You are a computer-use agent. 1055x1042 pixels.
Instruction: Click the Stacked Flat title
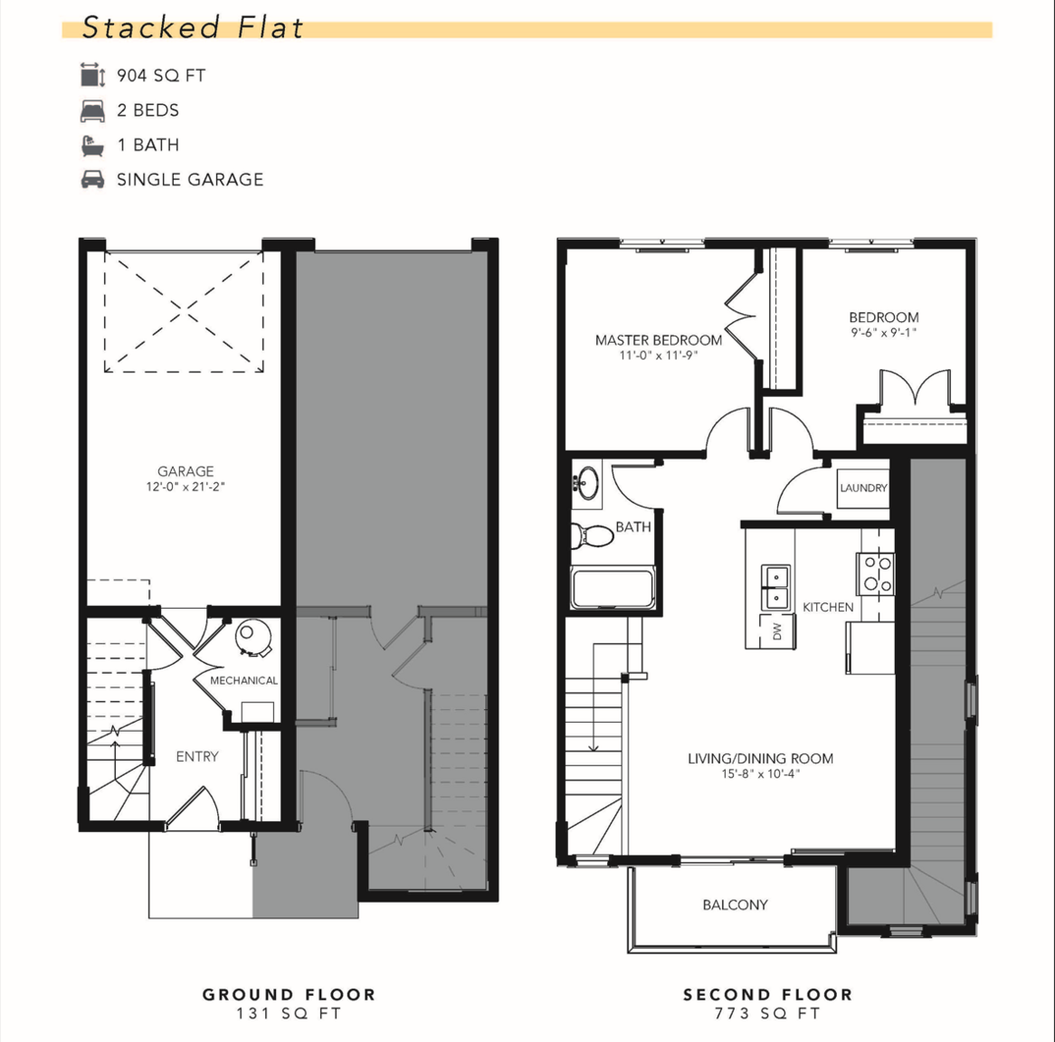(193, 27)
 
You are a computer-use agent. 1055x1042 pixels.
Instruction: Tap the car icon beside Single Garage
(92, 180)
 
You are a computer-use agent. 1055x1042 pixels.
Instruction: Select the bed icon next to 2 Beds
(92, 110)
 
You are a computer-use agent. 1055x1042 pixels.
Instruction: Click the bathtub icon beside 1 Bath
(92, 146)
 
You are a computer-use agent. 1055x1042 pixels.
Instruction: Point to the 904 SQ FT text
(161, 75)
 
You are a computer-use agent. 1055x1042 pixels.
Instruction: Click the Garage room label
(185, 471)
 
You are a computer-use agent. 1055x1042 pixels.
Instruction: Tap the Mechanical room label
(243, 681)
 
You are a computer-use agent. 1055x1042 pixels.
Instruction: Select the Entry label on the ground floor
(197, 757)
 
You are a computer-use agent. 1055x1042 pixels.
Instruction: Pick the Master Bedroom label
(659, 340)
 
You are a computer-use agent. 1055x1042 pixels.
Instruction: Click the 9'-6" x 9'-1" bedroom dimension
(883, 332)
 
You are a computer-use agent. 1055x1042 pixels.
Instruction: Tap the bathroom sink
(587, 483)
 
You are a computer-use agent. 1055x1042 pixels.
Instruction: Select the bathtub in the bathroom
(613, 589)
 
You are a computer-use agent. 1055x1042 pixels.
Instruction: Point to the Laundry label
(863, 488)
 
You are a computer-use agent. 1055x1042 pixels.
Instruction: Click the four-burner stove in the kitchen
(875, 573)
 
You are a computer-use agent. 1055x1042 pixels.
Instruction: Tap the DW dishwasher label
(778, 631)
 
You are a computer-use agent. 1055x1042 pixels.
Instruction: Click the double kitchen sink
(775, 587)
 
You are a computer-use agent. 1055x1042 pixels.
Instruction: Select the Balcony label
(735, 905)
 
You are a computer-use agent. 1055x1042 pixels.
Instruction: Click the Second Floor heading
(767, 994)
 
